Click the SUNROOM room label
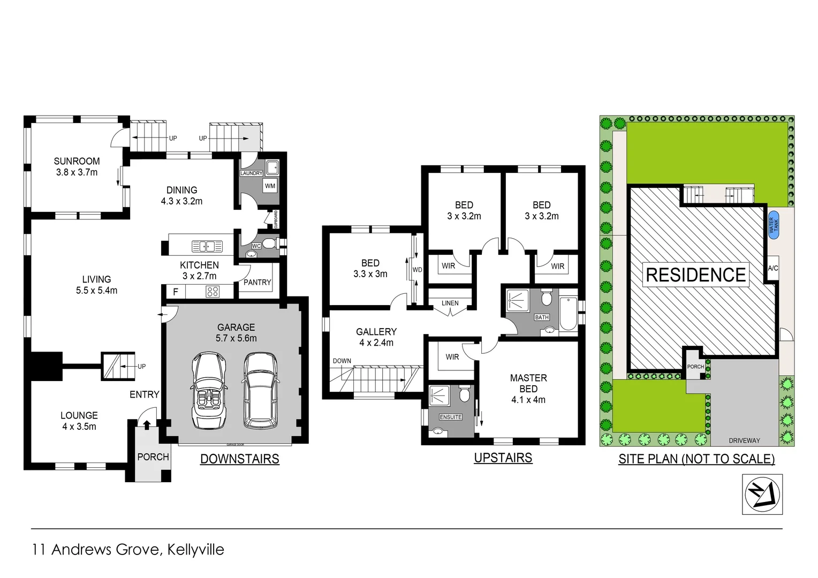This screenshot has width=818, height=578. (x=77, y=161)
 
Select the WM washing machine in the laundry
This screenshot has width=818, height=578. (x=270, y=186)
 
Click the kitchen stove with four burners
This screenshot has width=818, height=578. (x=213, y=292)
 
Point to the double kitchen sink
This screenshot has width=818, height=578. (x=207, y=247)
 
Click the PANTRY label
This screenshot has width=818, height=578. (x=257, y=282)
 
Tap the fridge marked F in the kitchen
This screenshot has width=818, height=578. (x=175, y=292)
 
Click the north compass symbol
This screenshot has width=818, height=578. (x=762, y=494)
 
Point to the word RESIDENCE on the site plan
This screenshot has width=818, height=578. (x=696, y=275)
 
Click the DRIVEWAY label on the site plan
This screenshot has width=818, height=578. (x=744, y=440)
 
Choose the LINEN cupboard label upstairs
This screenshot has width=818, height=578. (x=450, y=303)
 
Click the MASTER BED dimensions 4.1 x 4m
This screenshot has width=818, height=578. (x=528, y=400)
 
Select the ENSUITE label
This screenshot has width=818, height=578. (x=450, y=417)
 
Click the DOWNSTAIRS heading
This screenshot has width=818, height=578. (x=239, y=459)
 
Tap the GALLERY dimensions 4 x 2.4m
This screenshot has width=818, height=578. (x=376, y=343)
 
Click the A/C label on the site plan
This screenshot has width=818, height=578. (x=772, y=268)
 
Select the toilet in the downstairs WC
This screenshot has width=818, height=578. (x=269, y=245)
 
